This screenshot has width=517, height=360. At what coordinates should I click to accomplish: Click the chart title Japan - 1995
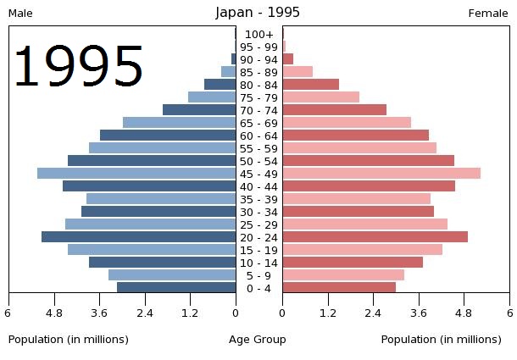(x=258, y=13)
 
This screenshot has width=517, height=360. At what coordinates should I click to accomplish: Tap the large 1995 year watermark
(x=78, y=68)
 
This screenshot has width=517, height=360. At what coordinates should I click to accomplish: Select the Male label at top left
(x=20, y=14)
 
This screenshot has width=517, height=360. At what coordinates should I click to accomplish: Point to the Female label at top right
(x=488, y=14)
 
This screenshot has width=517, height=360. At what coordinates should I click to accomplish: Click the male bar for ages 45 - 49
(x=136, y=174)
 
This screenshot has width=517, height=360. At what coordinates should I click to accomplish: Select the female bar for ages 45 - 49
(x=381, y=174)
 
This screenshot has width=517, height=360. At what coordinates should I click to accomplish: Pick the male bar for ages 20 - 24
(x=138, y=237)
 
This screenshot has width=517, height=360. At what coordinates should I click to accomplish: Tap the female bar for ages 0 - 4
(x=339, y=288)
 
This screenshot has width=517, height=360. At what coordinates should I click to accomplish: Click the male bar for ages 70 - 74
(x=199, y=110)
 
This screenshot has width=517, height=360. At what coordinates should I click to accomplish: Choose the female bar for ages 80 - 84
(x=311, y=85)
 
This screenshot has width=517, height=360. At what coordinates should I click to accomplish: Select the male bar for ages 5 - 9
(x=172, y=275)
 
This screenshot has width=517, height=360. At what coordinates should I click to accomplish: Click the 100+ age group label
(x=259, y=34)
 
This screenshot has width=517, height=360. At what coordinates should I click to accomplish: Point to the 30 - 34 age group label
(x=259, y=212)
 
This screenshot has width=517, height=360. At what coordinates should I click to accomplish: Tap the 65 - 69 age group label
(x=259, y=123)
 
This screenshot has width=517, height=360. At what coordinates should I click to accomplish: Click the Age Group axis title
(x=258, y=340)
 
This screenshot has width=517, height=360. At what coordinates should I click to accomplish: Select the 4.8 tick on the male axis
(x=54, y=313)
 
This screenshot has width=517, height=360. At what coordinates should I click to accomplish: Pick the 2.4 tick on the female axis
(x=373, y=313)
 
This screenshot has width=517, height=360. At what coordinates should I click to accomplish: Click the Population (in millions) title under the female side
(x=441, y=340)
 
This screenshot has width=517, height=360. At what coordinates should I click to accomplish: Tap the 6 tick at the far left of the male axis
(x=8, y=313)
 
